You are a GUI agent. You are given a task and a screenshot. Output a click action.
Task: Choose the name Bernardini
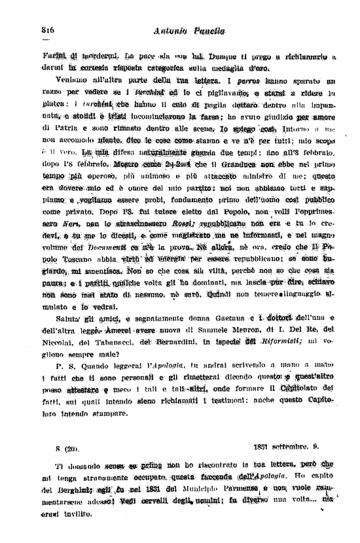coord(173,343)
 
